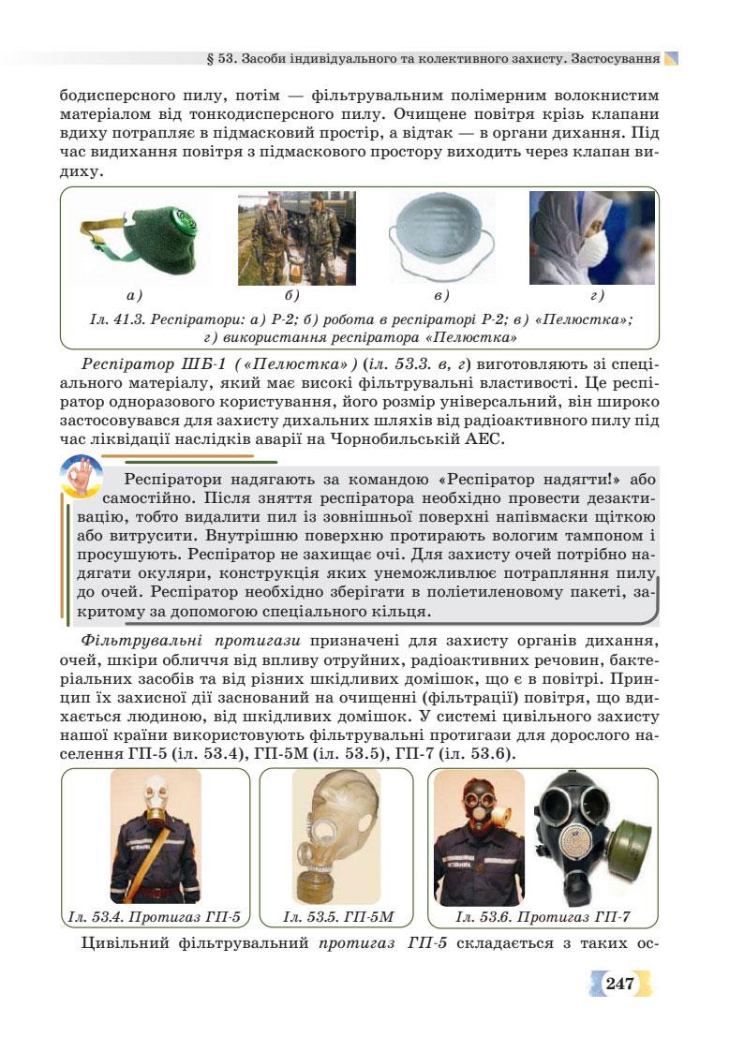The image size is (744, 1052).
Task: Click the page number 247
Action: click(620, 984)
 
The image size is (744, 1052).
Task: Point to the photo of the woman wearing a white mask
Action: click(590, 238)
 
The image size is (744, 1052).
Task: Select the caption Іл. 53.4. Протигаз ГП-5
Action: click(155, 916)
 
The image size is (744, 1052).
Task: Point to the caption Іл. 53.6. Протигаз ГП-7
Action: click(543, 916)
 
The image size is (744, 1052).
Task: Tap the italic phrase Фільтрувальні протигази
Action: click(190, 641)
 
